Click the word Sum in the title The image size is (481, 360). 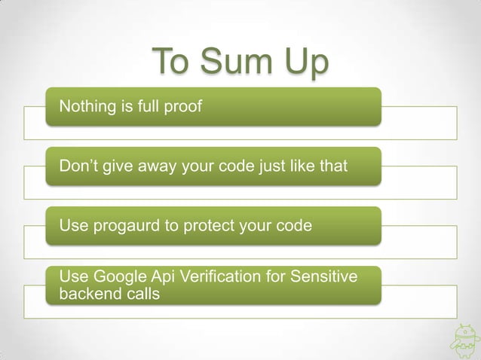pyautogui.click(x=235, y=63)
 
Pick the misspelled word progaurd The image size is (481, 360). pyautogui.click(x=127, y=226)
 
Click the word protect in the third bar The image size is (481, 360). pyautogui.click(x=190, y=226)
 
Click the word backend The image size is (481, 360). pyautogui.click(x=87, y=293)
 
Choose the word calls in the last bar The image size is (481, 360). pyautogui.click(x=140, y=293)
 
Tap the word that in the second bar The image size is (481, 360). pyautogui.click(x=332, y=166)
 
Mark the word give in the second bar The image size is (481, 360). pyautogui.click(x=114, y=166)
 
